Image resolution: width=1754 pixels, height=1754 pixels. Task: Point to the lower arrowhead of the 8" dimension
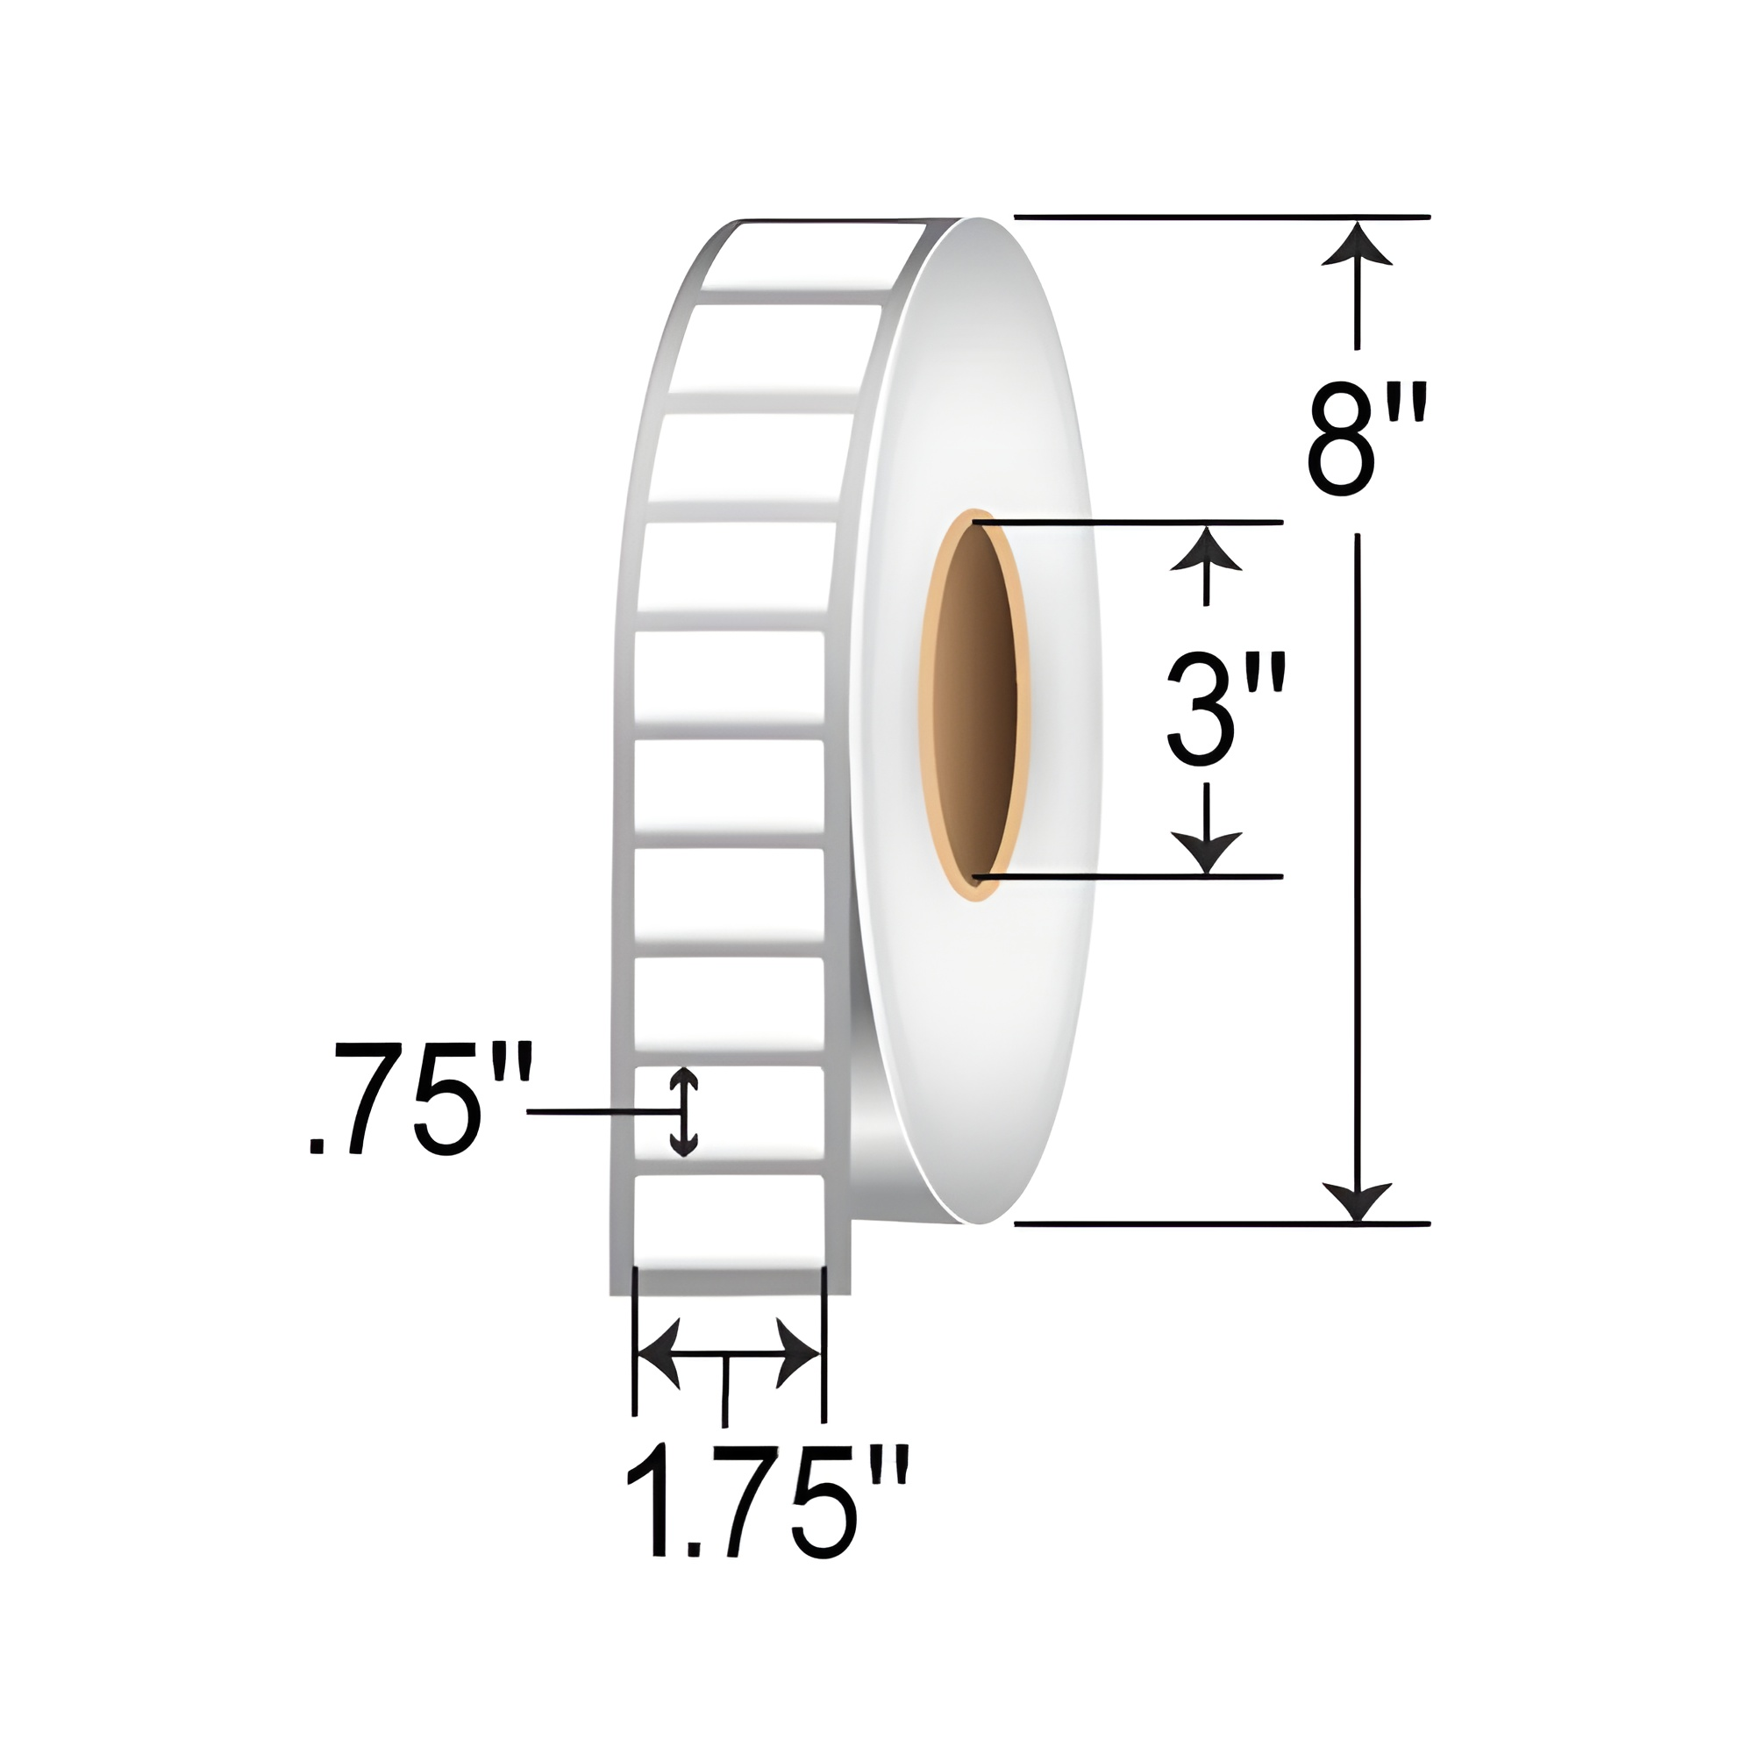[x=1357, y=1202]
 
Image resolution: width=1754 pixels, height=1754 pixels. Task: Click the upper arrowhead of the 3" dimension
[x=1206, y=550]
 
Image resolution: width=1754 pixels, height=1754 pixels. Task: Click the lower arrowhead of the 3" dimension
[x=1206, y=852]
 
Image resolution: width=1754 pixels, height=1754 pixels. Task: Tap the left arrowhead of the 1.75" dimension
[x=659, y=1352]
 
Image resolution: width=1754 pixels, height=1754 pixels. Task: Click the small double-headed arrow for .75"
[x=682, y=1112]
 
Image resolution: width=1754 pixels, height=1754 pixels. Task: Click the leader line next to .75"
[x=599, y=1111]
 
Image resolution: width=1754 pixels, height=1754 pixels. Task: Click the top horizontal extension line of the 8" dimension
[x=1221, y=217]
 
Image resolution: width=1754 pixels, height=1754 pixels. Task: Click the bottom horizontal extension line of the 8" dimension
[x=1221, y=1223]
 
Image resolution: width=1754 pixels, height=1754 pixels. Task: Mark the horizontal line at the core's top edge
[x=1126, y=522]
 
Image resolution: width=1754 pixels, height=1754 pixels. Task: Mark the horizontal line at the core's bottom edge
[x=1126, y=876]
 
